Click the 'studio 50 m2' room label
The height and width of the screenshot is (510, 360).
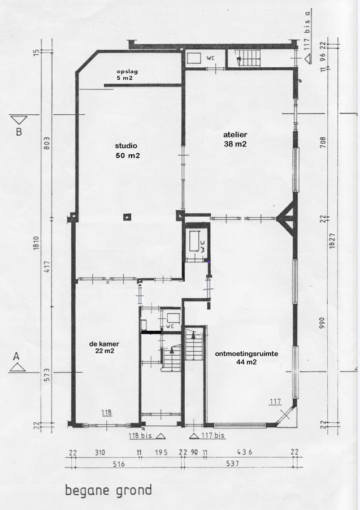pos(128,150)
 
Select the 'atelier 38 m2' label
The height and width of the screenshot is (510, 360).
pos(235,139)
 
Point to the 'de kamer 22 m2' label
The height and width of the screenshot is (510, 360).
pos(105,347)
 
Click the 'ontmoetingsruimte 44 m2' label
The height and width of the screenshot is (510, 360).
pos(246,358)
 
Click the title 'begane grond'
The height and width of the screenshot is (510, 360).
pos(109,490)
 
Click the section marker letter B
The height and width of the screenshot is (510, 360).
pos(19,132)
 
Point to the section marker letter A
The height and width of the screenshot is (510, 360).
pos(16,356)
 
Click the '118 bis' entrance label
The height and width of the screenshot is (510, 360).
pos(140,435)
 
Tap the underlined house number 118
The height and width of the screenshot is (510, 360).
pos(107,413)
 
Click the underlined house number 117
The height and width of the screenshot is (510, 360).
pos(275,401)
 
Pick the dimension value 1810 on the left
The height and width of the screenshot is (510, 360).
pos(36,243)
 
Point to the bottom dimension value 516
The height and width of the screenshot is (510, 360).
pos(119,464)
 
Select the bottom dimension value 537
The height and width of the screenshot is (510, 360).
pos(233,463)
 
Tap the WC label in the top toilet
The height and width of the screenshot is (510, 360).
pos(210,59)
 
